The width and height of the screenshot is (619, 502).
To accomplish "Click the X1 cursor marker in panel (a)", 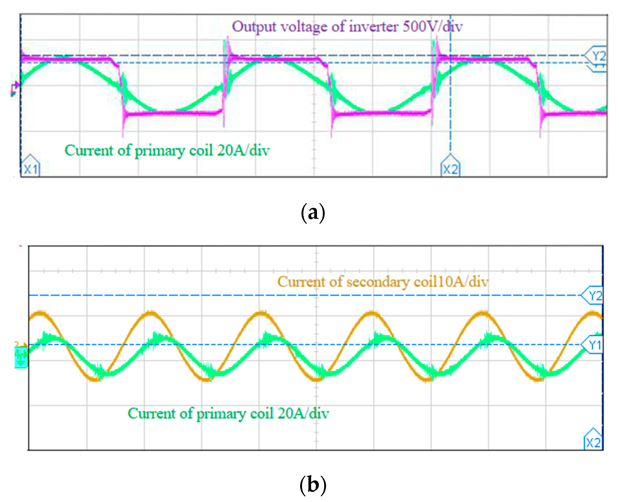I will pyautogui.click(x=31, y=168).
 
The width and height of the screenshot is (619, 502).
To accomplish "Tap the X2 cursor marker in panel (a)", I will pyautogui.click(x=450, y=168).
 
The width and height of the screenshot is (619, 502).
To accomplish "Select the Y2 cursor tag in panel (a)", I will pyautogui.click(x=597, y=56).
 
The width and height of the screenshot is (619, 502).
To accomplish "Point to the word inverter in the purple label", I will pyautogui.click(x=373, y=27).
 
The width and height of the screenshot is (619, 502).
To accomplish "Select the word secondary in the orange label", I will pyautogui.click(x=377, y=282).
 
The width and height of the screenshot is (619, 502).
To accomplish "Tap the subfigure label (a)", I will pyautogui.click(x=313, y=213).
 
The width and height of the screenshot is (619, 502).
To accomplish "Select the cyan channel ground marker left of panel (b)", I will pyautogui.click(x=21, y=357).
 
